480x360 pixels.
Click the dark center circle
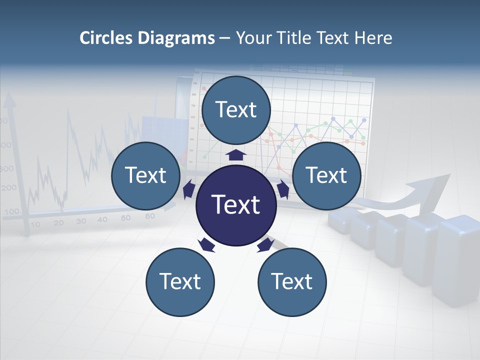[235, 205]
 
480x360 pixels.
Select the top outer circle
[236, 110]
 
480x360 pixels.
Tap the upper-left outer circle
[145, 175]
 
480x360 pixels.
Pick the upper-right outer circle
[326, 175]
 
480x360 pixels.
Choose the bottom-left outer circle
[180, 282]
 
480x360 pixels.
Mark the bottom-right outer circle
[292, 282]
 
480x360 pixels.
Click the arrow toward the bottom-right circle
[265, 245]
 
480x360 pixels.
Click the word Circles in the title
[106, 38]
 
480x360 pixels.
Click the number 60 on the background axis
[149, 216]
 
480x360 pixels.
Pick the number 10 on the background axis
[35, 224]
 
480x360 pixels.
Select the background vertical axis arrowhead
[9, 102]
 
